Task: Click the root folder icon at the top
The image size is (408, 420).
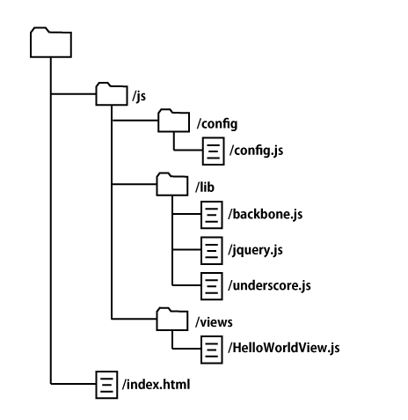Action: (x=51, y=42)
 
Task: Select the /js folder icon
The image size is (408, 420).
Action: (x=112, y=94)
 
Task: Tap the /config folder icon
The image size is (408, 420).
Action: (x=173, y=121)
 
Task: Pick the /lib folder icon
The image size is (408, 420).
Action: (x=172, y=184)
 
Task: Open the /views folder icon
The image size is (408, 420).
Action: (x=172, y=320)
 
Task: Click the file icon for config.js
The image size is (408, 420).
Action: (x=214, y=151)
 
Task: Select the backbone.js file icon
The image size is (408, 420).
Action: (x=212, y=215)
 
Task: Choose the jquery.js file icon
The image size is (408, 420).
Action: (x=212, y=251)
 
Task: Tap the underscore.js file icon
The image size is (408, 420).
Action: (x=212, y=286)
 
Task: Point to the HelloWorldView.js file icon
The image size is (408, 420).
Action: (x=212, y=350)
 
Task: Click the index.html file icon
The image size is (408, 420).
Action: (x=106, y=385)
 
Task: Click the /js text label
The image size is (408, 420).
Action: (x=139, y=96)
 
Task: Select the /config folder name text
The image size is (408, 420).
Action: (x=217, y=124)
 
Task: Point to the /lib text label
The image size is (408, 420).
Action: (x=205, y=187)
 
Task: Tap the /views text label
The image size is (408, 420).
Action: (x=214, y=322)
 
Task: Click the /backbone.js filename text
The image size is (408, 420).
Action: (x=266, y=214)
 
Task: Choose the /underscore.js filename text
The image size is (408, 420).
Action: (x=269, y=285)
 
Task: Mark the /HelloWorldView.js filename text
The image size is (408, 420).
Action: (x=284, y=348)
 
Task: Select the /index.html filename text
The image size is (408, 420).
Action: (x=156, y=385)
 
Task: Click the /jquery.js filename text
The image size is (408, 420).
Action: (x=255, y=250)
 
